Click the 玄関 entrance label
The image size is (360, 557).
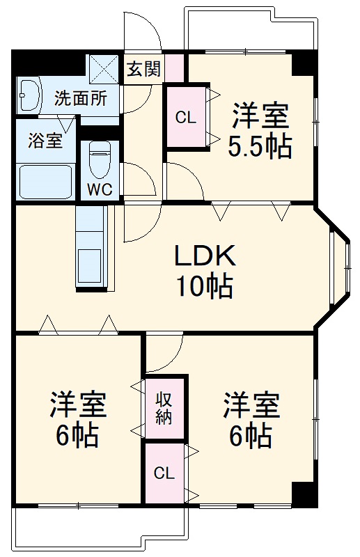[x=143, y=69]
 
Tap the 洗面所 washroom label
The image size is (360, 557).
[x=81, y=98]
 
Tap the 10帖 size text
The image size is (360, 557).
[x=205, y=287]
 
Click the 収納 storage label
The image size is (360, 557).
[x=164, y=408]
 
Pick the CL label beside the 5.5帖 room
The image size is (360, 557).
[x=185, y=117]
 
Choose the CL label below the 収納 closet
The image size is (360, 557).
[x=164, y=474]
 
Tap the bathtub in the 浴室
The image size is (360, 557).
[x=45, y=181]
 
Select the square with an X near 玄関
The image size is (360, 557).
[x=104, y=68]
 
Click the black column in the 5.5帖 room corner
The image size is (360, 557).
[x=304, y=63]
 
